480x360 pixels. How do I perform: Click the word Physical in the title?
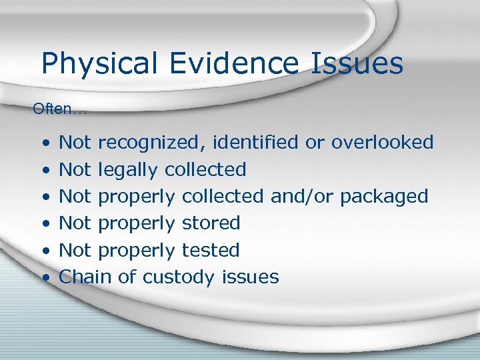100,64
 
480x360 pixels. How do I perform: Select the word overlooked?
382,143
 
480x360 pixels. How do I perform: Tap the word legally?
129,170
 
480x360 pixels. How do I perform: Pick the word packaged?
384,197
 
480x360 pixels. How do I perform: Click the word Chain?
85,277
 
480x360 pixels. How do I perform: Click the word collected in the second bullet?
205,170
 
